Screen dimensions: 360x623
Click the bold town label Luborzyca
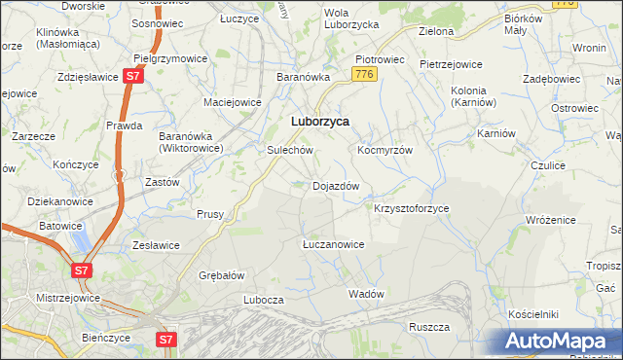tap(320, 122)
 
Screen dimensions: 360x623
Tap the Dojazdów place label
tap(336, 185)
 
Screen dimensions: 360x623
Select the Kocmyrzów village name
tap(385, 151)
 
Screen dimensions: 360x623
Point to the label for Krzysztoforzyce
tap(412, 208)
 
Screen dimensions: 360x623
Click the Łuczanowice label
tap(333, 244)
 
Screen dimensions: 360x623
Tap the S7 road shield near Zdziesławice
tap(133, 76)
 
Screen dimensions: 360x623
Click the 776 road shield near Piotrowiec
tap(366, 74)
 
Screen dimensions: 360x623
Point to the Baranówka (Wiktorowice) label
tap(192, 142)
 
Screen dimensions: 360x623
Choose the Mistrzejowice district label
tap(42, 291)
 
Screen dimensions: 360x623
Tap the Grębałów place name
tap(221, 274)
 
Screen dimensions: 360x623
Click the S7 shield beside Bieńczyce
tap(167, 340)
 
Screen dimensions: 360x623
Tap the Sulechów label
tap(289, 151)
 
